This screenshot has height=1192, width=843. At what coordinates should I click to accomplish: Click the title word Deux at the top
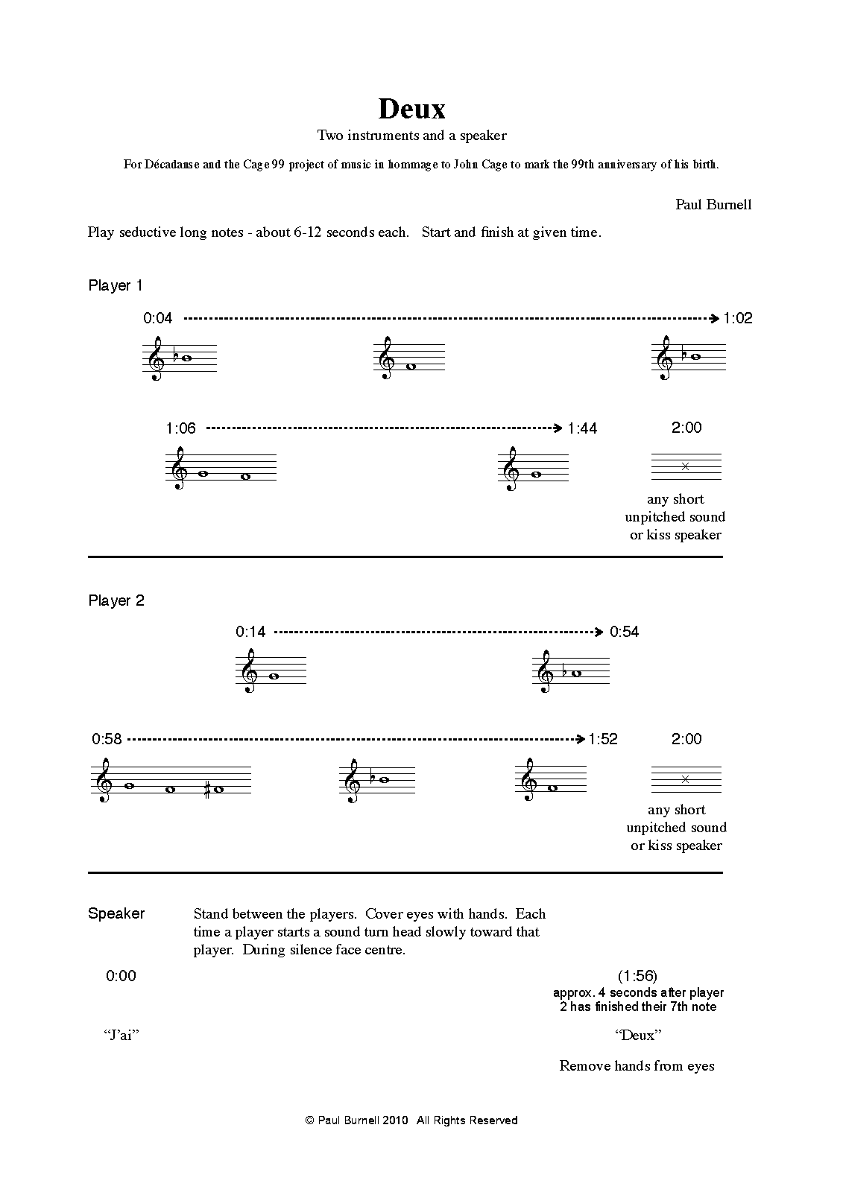coord(411,109)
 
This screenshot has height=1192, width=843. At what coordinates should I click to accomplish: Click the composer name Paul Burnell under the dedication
coord(713,204)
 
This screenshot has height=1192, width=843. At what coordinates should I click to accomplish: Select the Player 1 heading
coord(116,285)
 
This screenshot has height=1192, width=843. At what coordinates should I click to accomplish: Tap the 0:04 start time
coord(158,318)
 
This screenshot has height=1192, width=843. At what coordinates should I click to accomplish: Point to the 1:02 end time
coord(738,318)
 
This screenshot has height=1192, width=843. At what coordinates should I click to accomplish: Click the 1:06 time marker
coord(180,428)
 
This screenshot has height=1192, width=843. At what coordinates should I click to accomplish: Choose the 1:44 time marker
coord(582,428)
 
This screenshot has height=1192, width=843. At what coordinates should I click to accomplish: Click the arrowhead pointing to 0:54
coord(599,632)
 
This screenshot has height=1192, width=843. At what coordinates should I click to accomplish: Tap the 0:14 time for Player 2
coord(250,632)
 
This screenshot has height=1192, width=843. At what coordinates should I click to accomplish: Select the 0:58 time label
coord(107,739)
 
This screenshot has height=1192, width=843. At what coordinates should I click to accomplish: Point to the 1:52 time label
coord(603,739)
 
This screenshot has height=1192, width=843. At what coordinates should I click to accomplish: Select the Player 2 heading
coord(116,600)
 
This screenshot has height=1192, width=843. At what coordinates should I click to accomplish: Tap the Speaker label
coord(116,913)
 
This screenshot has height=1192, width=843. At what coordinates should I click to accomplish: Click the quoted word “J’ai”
coord(121,1035)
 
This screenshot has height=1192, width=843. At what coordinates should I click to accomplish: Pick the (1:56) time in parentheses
coord(637,976)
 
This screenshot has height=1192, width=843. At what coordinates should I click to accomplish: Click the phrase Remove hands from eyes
coord(637,1065)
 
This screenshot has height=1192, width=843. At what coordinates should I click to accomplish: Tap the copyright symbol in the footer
coord(310,1120)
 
